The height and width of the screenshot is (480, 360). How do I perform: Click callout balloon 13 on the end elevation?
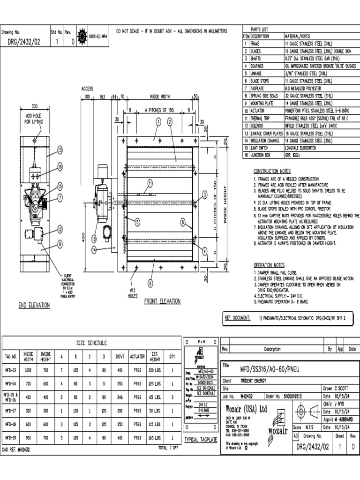pyautogui.click(x=60, y=150)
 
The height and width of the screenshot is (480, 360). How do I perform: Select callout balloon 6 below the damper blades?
pyautogui.click(x=150, y=283)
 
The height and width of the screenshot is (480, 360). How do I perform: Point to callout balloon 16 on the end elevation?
pyautogui.click(x=60, y=166)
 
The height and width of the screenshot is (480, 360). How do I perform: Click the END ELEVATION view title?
pyautogui.click(x=34, y=305)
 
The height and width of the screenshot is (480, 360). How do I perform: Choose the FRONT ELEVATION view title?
pyautogui.click(x=163, y=301)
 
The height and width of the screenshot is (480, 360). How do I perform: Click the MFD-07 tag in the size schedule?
pyautogui.click(x=11, y=410)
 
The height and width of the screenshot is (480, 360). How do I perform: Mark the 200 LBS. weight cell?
pyautogui.click(x=155, y=370)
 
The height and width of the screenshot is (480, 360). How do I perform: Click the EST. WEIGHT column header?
pyautogui.click(x=155, y=356)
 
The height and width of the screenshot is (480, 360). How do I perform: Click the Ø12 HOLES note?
pyautogui.click(x=132, y=293)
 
